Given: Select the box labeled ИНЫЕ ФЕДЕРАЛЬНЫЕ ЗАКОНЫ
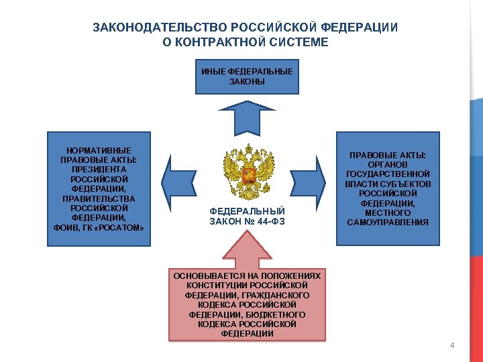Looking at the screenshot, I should coord(247,76).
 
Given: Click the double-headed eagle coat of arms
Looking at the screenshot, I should coord(248,172).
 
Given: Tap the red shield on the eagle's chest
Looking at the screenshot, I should coord(248,176).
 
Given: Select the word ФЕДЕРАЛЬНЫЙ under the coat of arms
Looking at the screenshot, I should coord(248,211).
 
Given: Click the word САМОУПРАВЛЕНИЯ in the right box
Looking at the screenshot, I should coord(388,223).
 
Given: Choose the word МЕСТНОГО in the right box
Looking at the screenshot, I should coord(388,213).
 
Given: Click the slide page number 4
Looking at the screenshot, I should coord(452,345).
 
